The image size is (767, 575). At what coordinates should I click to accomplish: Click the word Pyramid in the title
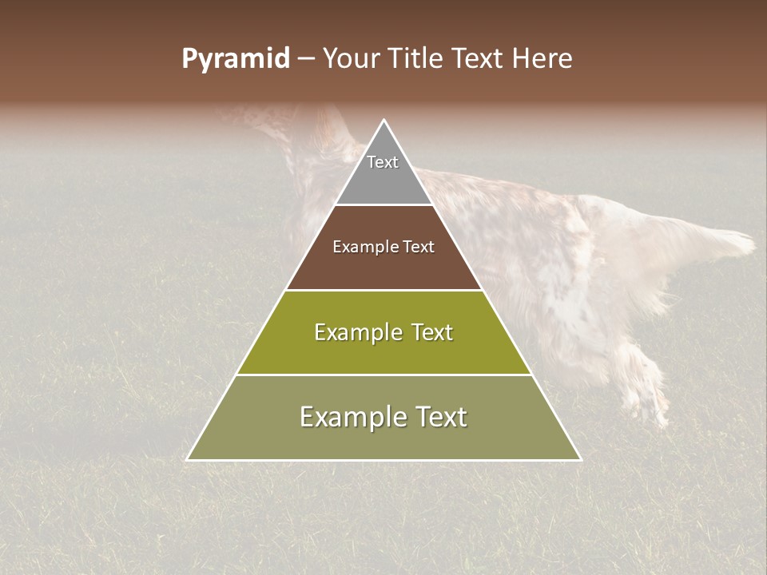tap(235, 59)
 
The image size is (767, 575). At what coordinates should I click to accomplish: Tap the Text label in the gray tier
tap(383, 162)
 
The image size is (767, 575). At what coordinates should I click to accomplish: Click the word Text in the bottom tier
tap(439, 417)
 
